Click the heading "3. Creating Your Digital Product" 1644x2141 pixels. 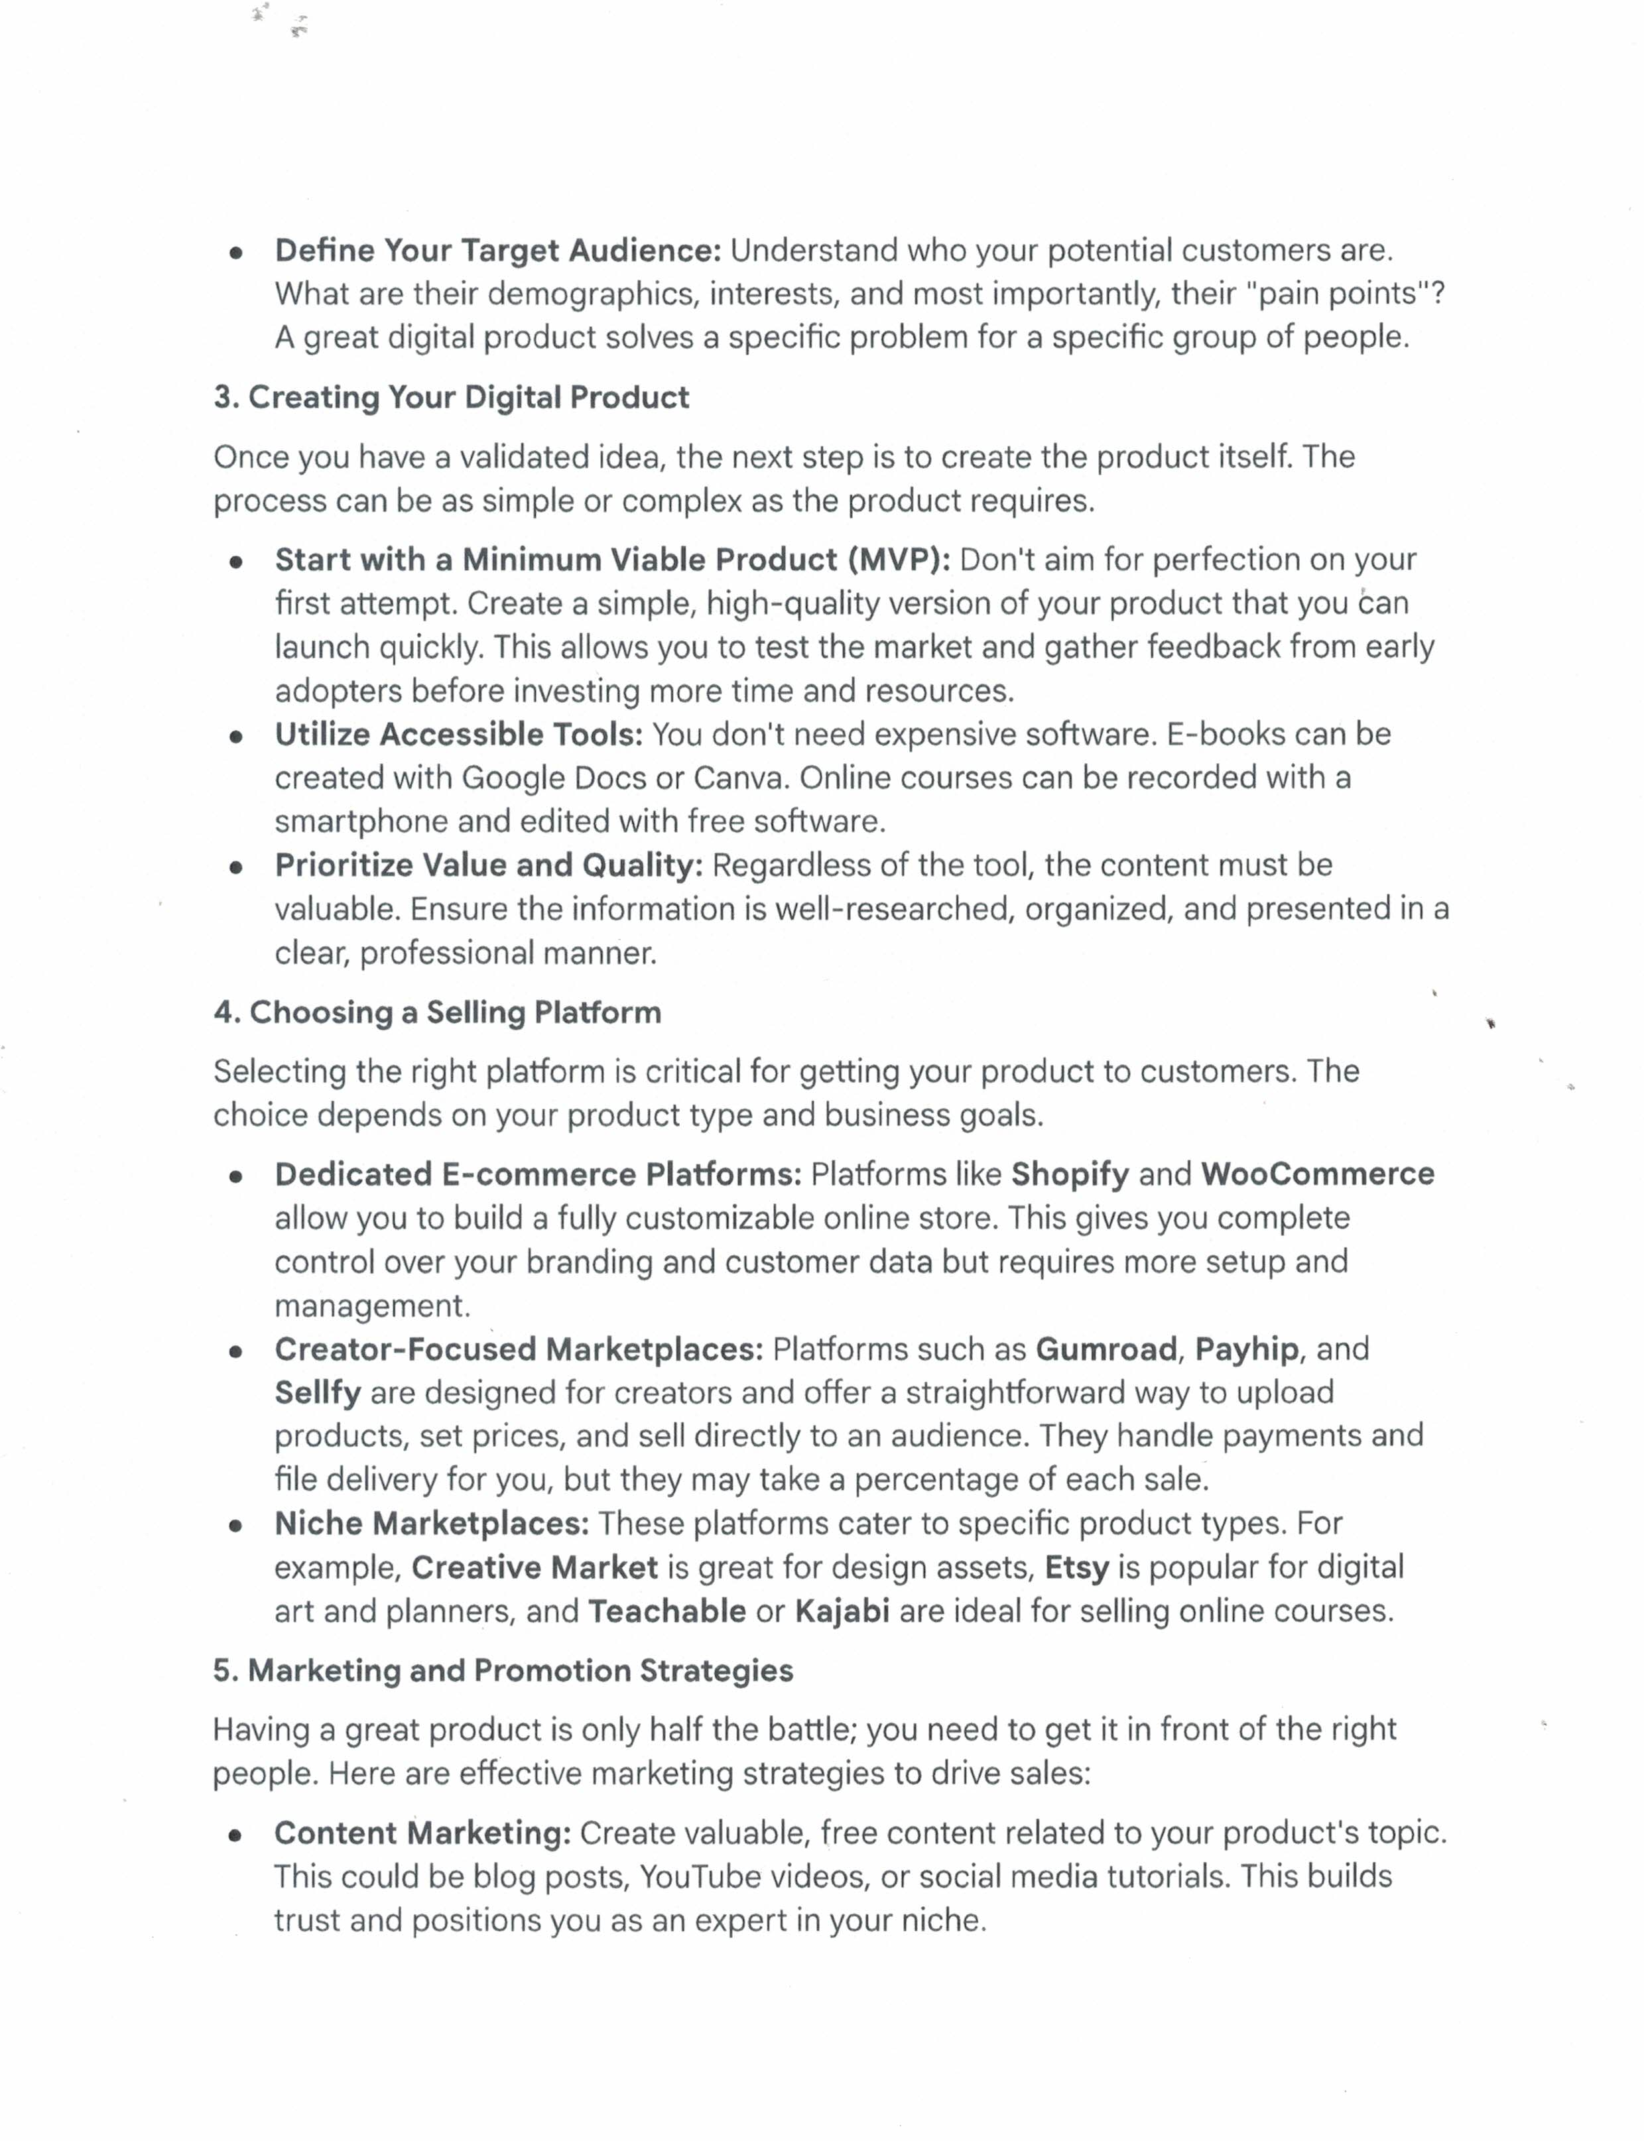pos(451,397)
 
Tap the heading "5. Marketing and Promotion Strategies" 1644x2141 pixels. pos(502,1670)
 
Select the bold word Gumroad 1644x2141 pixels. pos(1106,1349)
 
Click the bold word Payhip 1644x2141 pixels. pos(1247,1349)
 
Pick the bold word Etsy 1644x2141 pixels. pos(1076,1567)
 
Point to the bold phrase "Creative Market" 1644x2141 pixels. pos(535,1567)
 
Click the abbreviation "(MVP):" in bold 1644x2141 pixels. pos(899,560)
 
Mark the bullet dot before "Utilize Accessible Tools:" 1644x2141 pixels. pos(236,737)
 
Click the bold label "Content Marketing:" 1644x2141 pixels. pos(422,1833)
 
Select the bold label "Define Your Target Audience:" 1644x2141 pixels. pos(497,251)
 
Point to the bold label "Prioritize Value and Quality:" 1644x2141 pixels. pos(488,865)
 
